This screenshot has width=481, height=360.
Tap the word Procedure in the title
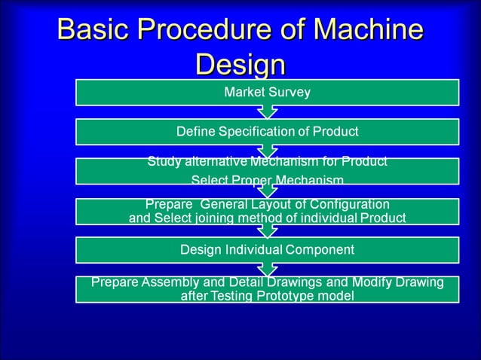coord(209,29)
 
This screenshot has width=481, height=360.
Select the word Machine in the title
coord(368,29)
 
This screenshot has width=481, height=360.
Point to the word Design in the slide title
coord(240,65)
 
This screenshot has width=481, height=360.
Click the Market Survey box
coord(267,93)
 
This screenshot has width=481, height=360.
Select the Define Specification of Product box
coord(267,132)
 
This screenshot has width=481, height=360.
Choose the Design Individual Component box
coord(267,249)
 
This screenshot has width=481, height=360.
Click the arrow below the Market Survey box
coord(267,112)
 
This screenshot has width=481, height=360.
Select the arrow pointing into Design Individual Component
coord(267,230)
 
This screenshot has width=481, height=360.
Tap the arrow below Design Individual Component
coord(267,269)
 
